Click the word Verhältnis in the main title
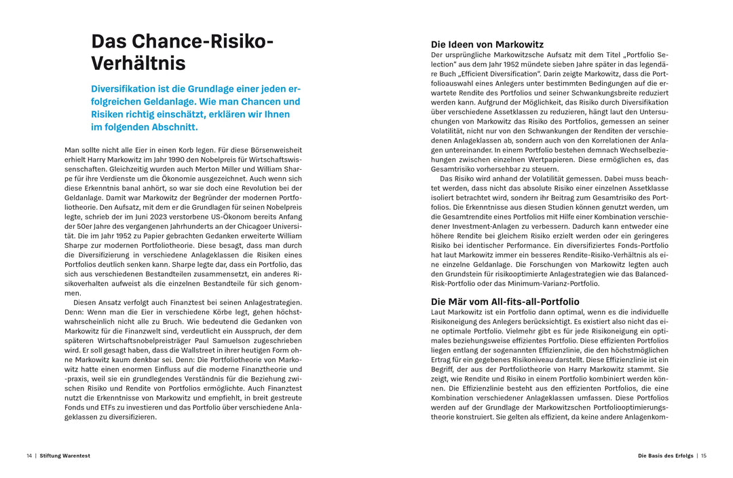138,64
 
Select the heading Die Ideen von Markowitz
487,45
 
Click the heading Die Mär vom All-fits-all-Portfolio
505,301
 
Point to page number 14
29,456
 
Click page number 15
704,456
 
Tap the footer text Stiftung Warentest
65,456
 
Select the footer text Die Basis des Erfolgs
666,456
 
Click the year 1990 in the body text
186,160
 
